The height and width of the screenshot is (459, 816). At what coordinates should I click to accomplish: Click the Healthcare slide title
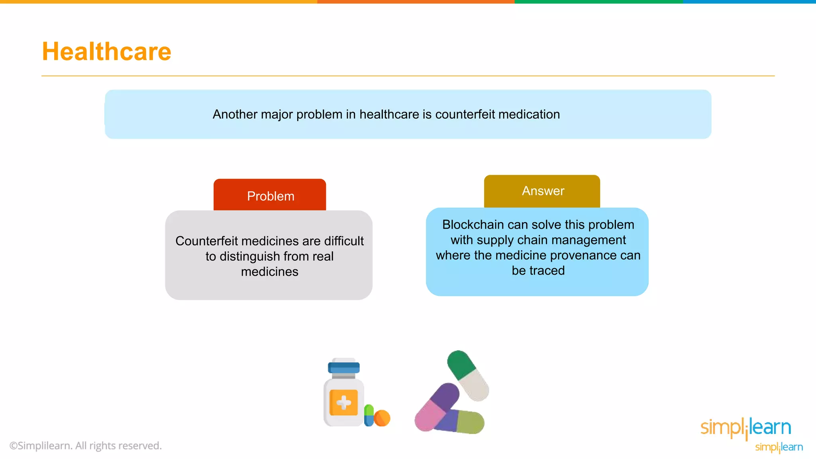[106, 52]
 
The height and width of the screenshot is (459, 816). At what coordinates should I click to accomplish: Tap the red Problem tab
[270, 196]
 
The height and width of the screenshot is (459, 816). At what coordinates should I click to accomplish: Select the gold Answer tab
[542, 191]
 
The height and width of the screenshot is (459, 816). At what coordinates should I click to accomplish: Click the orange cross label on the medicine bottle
[343, 402]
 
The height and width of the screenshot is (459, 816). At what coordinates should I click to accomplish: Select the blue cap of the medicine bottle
[343, 367]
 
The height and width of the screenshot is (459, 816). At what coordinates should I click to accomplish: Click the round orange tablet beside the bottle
[382, 418]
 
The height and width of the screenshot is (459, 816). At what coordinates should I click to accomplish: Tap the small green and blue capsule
[369, 415]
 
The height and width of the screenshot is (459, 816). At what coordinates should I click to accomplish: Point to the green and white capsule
[468, 375]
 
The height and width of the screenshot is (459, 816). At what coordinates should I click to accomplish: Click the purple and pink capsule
[437, 407]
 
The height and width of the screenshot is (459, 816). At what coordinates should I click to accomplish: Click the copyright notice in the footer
[86, 446]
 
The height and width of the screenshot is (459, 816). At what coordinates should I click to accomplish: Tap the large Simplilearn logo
[745, 428]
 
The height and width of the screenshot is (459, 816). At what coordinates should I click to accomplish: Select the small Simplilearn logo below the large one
[779, 447]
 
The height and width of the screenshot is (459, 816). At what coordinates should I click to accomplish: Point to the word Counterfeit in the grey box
[206, 241]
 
